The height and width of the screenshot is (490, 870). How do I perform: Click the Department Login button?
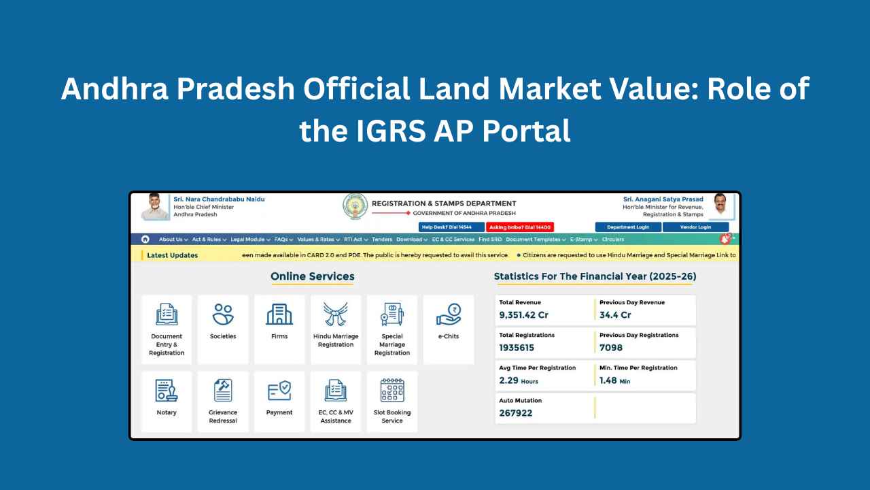[628, 227]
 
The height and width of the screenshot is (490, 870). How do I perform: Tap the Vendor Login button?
[695, 227]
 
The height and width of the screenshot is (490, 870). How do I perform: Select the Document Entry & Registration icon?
[167, 314]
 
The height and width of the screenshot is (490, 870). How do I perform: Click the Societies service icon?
[223, 314]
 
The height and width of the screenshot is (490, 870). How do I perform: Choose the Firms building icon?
[279, 314]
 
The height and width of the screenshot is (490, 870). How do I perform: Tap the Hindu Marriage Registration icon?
[336, 314]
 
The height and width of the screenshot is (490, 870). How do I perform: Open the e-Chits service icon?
[449, 314]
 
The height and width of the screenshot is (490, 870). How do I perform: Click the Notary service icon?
[167, 391]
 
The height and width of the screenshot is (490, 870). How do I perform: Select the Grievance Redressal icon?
[223, 391]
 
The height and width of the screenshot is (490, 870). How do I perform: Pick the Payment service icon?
[279, 391]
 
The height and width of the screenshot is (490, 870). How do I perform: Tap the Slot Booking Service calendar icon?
[392, 391]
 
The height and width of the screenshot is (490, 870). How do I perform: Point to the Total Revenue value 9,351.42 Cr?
[523, 315]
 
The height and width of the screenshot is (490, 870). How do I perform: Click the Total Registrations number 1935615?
[517, 348]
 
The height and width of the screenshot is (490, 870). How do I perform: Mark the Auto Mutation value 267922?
[516, 413]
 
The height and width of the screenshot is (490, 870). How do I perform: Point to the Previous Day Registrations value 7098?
[611, 348]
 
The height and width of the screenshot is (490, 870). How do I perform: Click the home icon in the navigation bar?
[145, 239]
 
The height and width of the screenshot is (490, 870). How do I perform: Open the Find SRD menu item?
[489, 240]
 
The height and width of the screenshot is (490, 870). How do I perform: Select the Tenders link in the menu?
[382, 240]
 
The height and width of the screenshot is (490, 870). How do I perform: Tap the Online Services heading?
[313, 276]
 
